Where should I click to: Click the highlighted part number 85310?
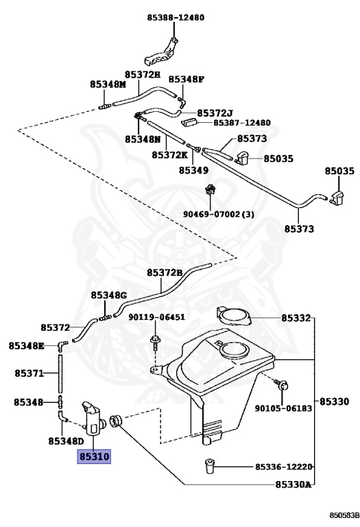(94, 456)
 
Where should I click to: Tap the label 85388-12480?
(176, 17)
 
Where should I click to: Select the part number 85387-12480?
(242, 122)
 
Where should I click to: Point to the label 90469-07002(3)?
(219, 214)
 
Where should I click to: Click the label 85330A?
(293, 484)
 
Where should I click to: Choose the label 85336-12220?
(284, 467)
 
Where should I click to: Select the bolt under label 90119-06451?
(155, 342)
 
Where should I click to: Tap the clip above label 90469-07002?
(211, 189)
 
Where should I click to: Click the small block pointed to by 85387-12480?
(189, 121)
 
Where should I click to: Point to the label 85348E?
(26, 345)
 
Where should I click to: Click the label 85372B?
(164, 272)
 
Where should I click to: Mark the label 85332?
(296, 318)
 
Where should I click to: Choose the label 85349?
(193, 170)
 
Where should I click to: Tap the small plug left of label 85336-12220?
(209, 466)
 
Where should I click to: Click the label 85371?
(29, 373)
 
